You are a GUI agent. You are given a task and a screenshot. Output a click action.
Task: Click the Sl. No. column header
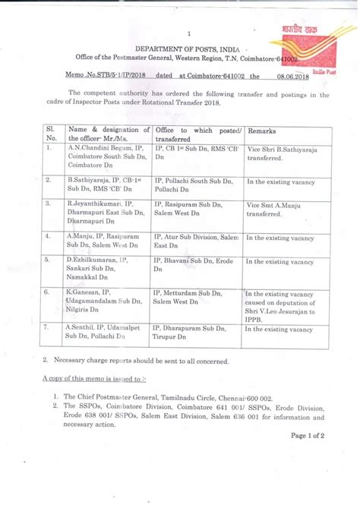click(52, 134)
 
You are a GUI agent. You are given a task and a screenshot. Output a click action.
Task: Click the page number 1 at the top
click(187, 33)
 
